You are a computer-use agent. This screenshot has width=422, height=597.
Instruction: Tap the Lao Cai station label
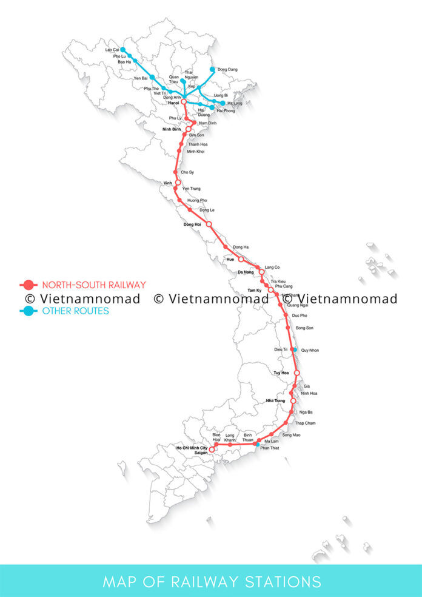(112, 50)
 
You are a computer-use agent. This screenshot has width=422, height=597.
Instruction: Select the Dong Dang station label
(227, 70)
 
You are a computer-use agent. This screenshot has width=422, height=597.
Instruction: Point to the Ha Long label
(235, 104)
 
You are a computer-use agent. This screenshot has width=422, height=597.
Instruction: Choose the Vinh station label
(168, 183)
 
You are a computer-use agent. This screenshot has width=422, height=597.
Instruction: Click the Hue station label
(230, 259)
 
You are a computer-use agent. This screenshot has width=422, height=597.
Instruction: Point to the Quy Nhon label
(309, 350)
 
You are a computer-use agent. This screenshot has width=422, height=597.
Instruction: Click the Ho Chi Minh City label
(192, 448)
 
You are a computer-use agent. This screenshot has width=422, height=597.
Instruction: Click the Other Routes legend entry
(75, 311)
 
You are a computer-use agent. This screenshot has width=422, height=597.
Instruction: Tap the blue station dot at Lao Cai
(123, 50)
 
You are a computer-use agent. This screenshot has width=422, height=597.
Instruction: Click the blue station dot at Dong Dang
(212, 70)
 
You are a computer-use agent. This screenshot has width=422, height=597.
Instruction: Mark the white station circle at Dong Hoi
(209, 224)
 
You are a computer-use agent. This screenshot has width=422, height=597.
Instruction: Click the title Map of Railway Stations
(211, 582)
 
